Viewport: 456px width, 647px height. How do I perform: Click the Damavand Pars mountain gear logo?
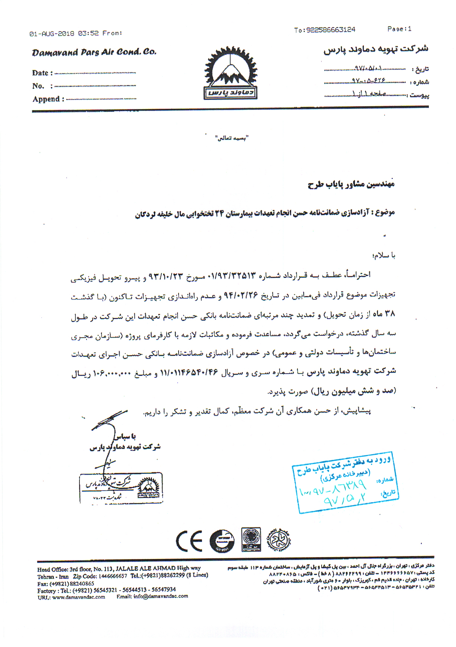(x=230, y=73)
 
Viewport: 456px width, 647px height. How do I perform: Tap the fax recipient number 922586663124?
(x=330, y=30)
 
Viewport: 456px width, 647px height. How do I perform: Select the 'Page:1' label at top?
(x=399, y=29)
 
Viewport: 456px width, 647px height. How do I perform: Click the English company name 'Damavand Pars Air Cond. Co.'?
(x=94, y=52)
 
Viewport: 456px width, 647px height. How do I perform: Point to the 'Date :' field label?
(x=42, y=73)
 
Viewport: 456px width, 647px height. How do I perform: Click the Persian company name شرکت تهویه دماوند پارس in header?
(x=376, y=49)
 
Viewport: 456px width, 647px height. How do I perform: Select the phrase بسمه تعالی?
(x=232, y=138)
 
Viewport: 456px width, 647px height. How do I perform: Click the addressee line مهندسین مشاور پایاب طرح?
(x=351, y=184)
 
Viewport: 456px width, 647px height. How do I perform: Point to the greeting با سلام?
(x=384, y=256)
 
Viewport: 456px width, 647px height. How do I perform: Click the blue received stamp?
(x=345, y=482)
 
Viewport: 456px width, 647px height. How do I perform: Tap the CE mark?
(x=189, y=541)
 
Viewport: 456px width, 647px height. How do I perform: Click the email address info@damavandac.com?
(x=160, y=596)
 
